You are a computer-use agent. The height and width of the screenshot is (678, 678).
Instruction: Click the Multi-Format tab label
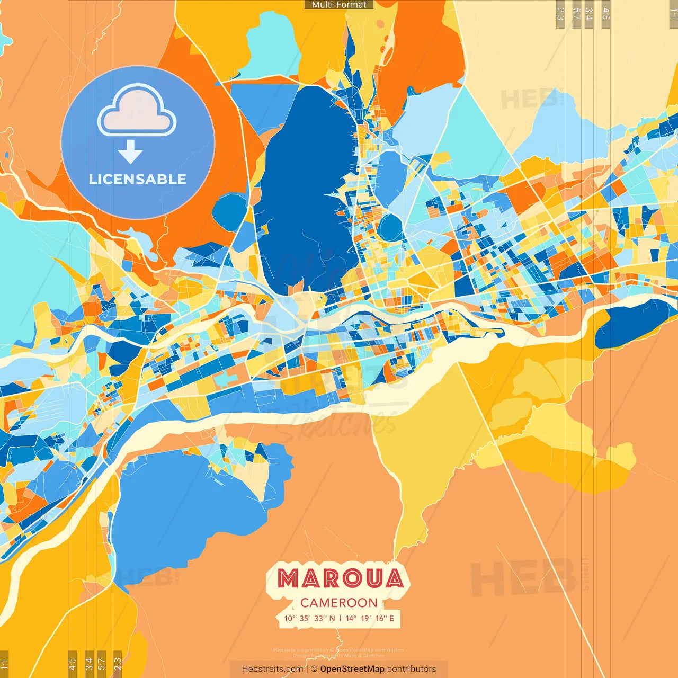tap(339, 5)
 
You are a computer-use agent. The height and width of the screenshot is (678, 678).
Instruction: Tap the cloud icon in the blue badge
tap(137, 112)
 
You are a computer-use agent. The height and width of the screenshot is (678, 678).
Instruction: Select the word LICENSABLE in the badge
tap(138, 180)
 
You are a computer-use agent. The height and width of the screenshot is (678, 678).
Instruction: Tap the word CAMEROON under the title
tap(339, 603)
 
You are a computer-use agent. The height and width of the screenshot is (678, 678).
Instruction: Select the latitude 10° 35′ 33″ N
tap(309, 618)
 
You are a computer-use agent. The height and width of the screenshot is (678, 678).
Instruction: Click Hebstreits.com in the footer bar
tap(272, 669)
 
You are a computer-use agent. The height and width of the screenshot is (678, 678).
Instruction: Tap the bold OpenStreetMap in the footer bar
tap(352, 669)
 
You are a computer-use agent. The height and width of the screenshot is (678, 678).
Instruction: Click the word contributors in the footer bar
tap(412, 669)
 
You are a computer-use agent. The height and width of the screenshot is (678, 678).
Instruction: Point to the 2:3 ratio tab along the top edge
tap(560, 12)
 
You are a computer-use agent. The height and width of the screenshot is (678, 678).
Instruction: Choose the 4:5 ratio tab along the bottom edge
tap(72, 663)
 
